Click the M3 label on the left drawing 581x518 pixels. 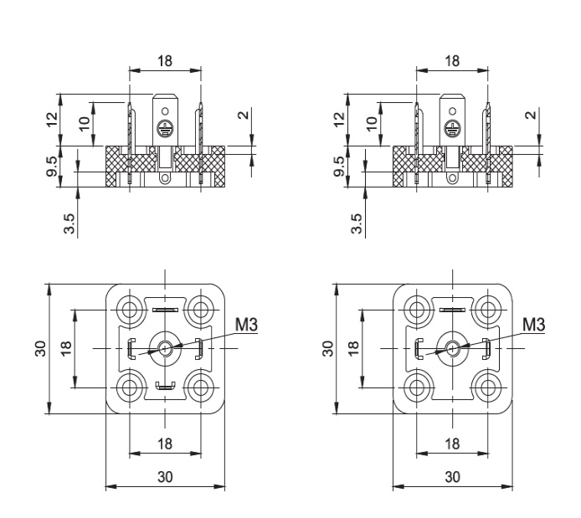pyautogui.click(x=246, y=324)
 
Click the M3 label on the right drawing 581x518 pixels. pyautogui.click(x=533, y=324)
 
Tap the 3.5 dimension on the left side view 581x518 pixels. pyautogui.click(x=70, y=223)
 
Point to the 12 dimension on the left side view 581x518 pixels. pyautogui.click(x=52, y=118)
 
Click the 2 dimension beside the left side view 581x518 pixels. pyautogui.click(x=243, y=115)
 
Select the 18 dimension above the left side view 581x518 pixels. pyautogui.click(x=165, y=61)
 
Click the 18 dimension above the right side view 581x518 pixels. pyautogui.click(x=452, y=61)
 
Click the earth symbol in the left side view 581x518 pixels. pyautogui.click(x=165, y=129)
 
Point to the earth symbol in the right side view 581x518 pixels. pyautogui.click(x=453, y=129)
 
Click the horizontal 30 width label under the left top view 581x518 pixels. pyautogui.click(x=165, y=476)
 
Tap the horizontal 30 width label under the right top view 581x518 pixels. pyautogui.click(x=452, y=476)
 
